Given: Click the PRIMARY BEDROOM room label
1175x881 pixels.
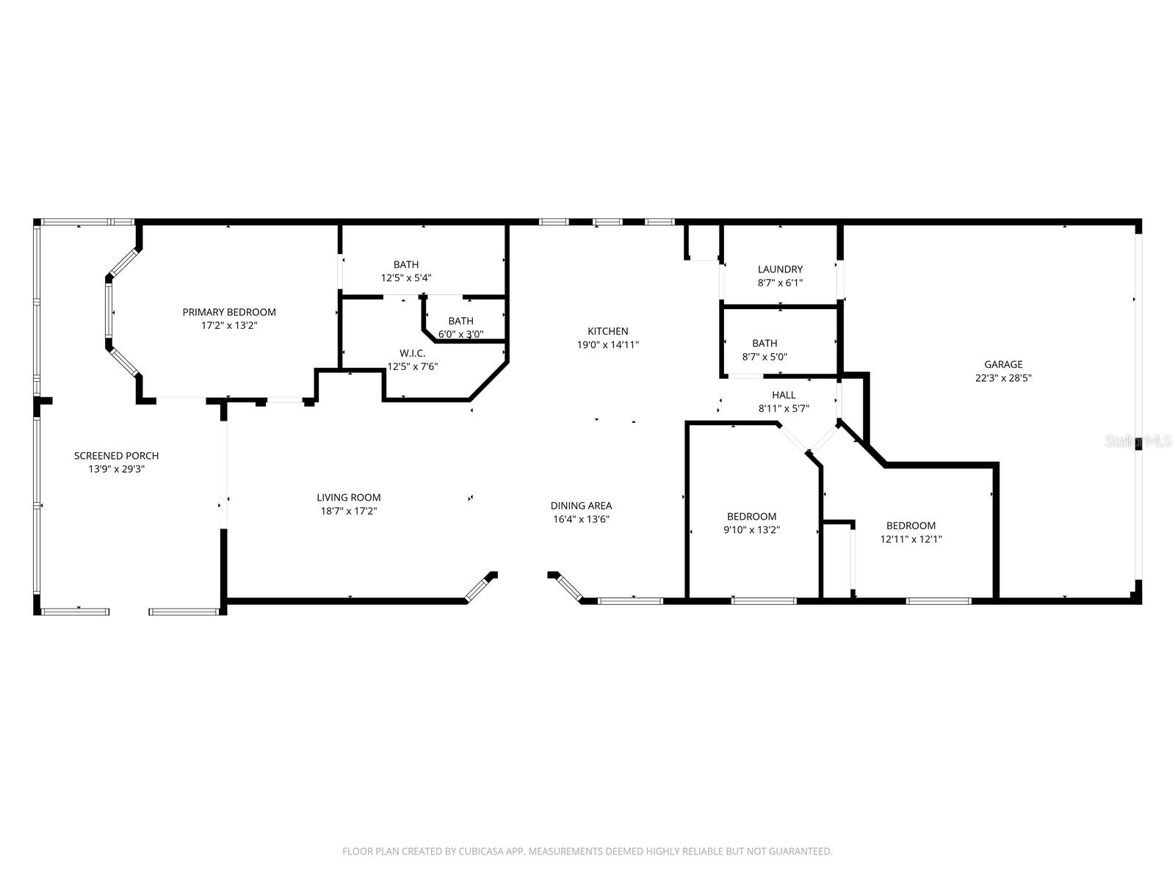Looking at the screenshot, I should tap(229, 312).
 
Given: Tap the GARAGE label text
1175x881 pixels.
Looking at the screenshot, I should tap(1003, 364).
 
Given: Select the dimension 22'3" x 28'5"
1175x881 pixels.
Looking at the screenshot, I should tap(1003, 378).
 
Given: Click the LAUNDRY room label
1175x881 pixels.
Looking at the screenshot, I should tap(780, 269).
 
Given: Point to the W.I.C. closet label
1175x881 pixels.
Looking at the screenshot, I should tap(412, 353).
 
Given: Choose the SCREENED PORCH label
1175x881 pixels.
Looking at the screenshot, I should tap(116, 456).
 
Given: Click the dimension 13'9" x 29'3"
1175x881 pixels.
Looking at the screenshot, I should tap(116, 469).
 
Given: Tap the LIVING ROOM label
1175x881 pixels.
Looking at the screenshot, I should tap(349, 498).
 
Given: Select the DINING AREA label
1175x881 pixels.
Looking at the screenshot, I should tap(581, 506).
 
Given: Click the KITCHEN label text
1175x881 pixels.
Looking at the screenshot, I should tap(607, 331).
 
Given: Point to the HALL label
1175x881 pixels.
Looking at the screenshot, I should tap(784, 395).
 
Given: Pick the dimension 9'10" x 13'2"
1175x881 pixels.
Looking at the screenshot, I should tap(751, 529).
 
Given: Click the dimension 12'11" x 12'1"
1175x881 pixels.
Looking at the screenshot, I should tap(911, 539).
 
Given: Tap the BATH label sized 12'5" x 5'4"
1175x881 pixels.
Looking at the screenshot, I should tap(406, 264).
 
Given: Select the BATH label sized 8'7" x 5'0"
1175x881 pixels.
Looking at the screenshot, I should tap(764, 343).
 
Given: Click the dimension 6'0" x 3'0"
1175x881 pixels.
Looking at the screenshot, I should tap(460, 334).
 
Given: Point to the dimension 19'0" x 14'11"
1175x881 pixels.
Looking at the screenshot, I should tap(607, 344).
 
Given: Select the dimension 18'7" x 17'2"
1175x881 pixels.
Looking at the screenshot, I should tap(349, 511).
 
